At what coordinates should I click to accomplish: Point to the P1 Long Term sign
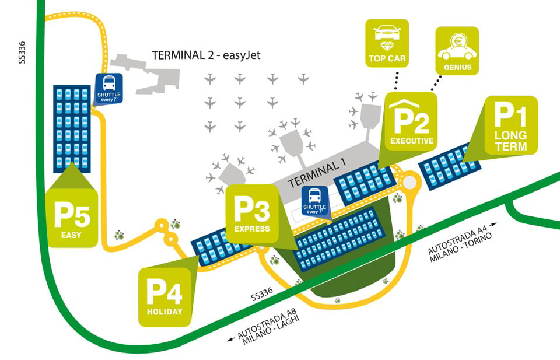coord(510,126)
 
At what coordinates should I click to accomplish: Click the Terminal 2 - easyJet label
coord(205,56)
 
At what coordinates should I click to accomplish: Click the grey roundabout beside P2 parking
coord(410,183)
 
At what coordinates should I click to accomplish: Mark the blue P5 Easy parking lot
coord(72,128)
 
